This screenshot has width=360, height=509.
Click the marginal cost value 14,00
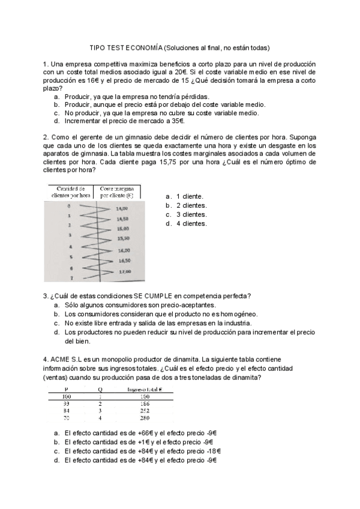[x=124, y=208]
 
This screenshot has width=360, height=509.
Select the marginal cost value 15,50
[x=124, y=238]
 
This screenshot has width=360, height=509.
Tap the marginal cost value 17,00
[x=124, y=272]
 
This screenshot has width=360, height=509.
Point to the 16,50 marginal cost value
[x=124, y=261]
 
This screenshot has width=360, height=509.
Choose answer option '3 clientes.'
[x=191, y=214]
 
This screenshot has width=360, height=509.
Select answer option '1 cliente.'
[x=189, y=196]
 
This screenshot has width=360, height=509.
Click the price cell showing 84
[x=66, y=411]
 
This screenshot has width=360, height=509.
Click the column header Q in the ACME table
[x=100, y=389]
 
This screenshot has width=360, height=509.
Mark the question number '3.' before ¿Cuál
[x=46, y=295]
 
